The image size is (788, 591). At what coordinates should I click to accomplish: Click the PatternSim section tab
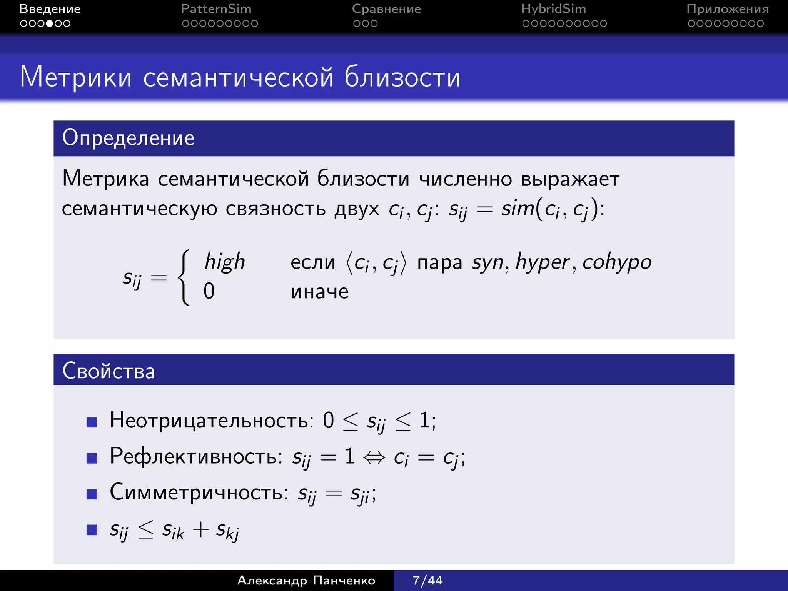click(216, 9)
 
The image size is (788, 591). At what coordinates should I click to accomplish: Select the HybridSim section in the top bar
click(553, 9)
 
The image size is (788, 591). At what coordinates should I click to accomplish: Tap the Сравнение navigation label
click(386, 9)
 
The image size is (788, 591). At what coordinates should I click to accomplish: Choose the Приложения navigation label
click(727, 9)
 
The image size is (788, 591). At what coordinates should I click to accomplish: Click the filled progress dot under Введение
click(50, 23)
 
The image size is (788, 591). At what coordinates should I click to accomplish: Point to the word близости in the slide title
click(402, 77)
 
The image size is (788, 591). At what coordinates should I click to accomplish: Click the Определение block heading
click(128, 138)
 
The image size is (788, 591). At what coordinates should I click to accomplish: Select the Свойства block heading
click(109, 371)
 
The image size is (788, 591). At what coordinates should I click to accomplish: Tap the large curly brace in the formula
click(184, 277)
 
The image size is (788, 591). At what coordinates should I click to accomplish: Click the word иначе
click(319, 291)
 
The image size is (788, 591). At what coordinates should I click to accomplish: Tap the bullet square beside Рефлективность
click(92, 458)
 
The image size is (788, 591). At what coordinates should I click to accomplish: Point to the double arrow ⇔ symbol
click(374, 457)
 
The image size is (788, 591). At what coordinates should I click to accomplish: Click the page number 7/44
click(427, 580)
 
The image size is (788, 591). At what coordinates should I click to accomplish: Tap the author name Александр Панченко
click(306, 580)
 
